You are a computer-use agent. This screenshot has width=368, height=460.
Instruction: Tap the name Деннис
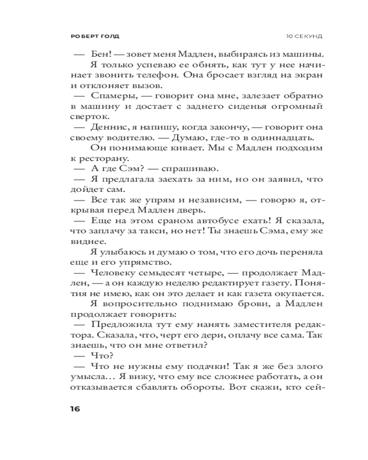pyautogui.click(x=111, y=127)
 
